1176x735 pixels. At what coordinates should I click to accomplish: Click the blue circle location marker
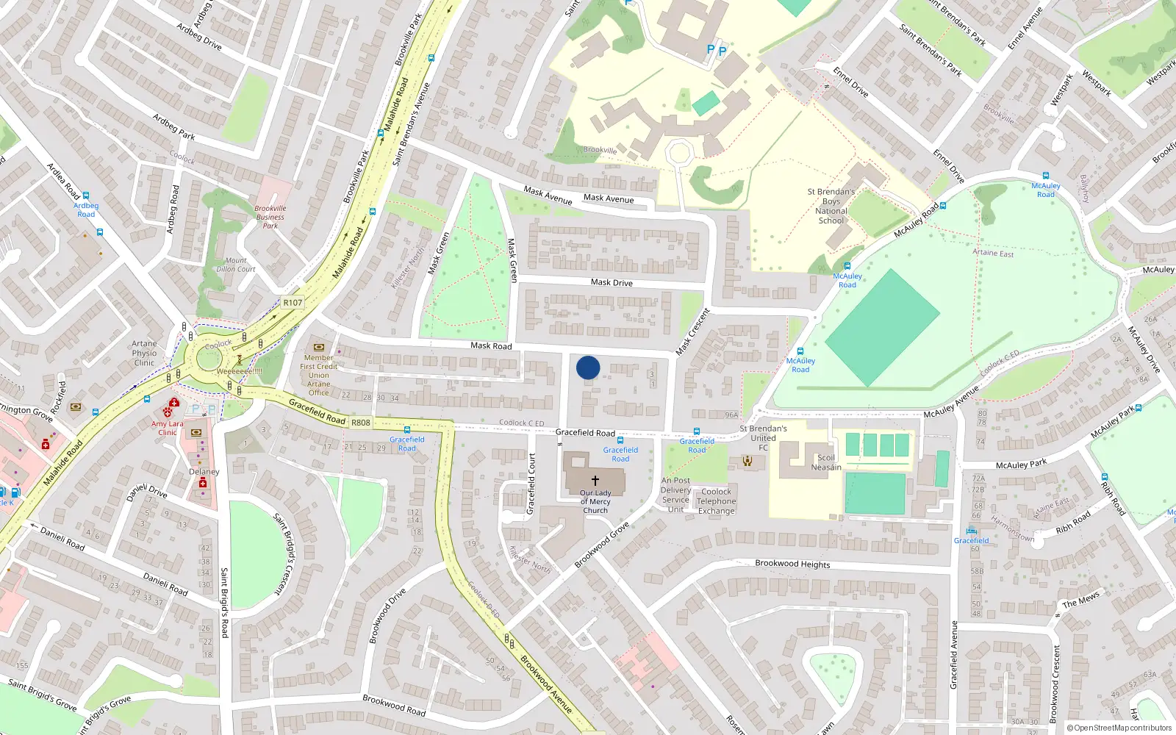(588, 367)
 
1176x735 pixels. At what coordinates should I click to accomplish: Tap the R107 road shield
(293, 302)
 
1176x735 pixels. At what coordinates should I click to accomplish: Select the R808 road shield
(361, 423)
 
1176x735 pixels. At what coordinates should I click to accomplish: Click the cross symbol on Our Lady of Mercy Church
(595, 480)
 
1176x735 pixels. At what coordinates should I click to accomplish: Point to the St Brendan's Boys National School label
(831, 206)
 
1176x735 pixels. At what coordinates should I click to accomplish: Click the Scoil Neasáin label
(826, 462)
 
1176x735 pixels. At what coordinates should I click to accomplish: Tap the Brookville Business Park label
(270, 217)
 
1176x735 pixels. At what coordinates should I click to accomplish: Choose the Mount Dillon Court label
(236, 265)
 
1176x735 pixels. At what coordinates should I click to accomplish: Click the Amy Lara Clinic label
(168, 428)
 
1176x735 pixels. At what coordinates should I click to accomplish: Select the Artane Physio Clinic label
(144, 353)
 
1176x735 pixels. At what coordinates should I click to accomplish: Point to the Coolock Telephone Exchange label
(717, 501)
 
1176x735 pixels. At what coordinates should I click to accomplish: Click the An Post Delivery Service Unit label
(675, 495)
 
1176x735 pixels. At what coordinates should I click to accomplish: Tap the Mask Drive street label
(612, 282)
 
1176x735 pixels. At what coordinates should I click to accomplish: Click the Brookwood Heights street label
(792, 564)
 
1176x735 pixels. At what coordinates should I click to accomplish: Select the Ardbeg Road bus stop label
(86, 210)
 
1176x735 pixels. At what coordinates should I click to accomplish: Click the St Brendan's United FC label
(763, 437)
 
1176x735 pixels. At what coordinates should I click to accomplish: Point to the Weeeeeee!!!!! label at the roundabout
(239, 371)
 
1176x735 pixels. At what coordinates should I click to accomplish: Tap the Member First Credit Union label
(319, 366)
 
